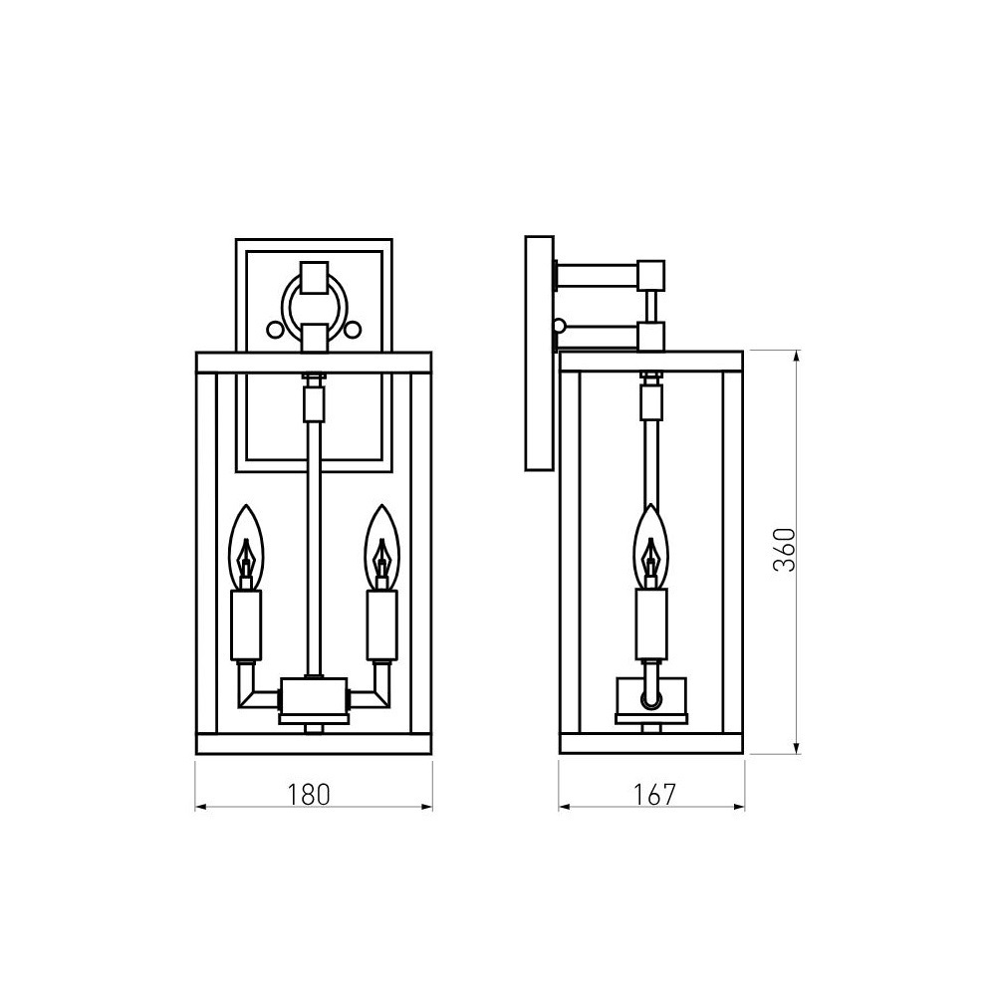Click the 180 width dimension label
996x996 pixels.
[309, 795]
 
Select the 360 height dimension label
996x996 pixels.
[785, 550]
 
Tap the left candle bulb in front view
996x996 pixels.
[246, 547]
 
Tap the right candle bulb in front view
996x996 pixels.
[381, 547]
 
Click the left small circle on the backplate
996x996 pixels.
[275, 330]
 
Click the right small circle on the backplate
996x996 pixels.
[354, 330]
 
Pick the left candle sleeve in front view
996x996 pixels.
[246, 625]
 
